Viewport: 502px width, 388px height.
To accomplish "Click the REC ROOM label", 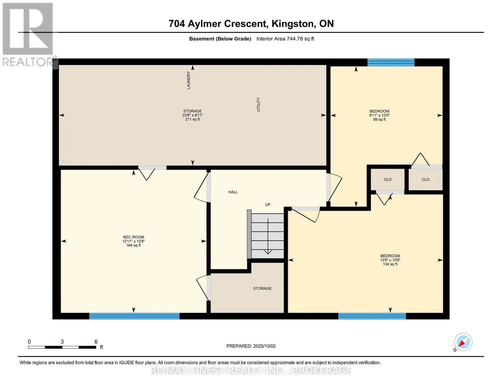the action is [x=133, y=237].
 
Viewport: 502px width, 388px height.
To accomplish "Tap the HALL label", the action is [x=233, y=192].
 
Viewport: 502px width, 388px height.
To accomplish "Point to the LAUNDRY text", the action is [x=188, y=80].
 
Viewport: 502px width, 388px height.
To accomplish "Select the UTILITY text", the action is [x=258, y=104].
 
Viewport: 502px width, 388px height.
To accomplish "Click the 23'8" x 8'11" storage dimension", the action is [x=192, y=115].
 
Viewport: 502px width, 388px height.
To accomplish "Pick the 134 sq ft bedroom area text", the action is [x=390, y=264].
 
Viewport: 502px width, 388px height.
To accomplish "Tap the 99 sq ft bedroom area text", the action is [x=379, y=120].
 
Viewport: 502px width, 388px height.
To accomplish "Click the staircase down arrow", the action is [x=268, y=236].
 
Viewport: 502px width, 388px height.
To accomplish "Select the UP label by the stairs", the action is [x=268, y=205].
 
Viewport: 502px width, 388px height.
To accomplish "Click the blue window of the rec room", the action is [x=134, y=316].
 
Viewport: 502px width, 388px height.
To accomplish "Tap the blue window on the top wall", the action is [x=391, y=62].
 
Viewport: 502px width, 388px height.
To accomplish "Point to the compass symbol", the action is [x=463, y=342].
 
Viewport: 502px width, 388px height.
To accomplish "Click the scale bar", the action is [x=62, y=347].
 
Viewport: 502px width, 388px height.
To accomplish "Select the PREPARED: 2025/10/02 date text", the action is [x=251, y=346].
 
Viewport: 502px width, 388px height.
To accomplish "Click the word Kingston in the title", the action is [x=294, y=24].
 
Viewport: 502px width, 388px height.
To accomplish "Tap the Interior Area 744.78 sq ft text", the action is [x=285, y=39].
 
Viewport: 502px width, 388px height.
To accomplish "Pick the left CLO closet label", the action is [x=388, y=179].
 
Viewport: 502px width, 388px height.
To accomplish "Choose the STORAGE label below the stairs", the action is [x=262, y=288].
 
